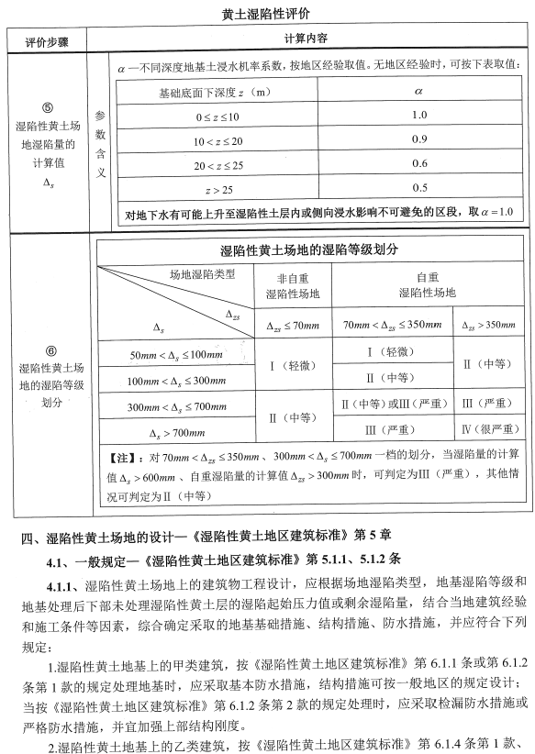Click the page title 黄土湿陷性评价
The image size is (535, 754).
[266, 16]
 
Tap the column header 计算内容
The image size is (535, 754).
[306, 40]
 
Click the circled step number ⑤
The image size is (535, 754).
[50, 105]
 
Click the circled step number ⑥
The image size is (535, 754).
[50, 350]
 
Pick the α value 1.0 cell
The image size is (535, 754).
[419, 115]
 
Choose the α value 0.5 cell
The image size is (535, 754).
[419, 188]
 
